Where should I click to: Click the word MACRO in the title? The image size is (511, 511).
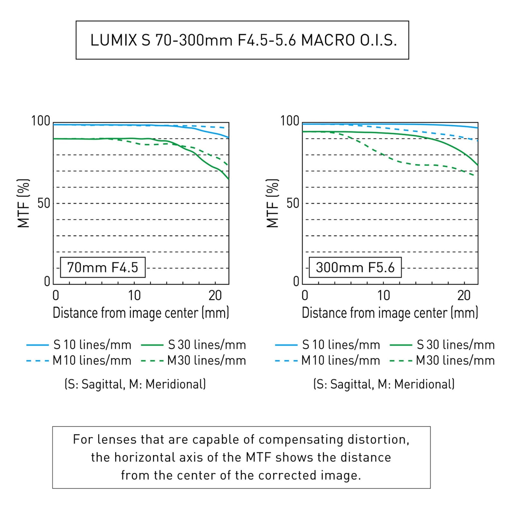coord(328,40)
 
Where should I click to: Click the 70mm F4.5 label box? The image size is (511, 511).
coord(103,267)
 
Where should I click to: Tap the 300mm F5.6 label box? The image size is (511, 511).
coord(355,267)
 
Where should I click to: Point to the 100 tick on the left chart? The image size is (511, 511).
coord(41,121)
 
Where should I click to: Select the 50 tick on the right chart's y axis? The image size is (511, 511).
coord(293,204)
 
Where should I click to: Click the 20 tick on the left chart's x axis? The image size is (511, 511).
coord(215,295)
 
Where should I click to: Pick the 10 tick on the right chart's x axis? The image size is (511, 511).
coord(383,295)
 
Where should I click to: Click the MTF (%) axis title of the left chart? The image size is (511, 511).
coord(23,203)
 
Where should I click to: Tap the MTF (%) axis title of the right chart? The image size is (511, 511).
coord(272,203)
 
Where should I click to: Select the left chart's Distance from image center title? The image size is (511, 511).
coord(141,313)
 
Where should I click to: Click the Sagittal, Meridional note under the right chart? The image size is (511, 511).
coord(384,384)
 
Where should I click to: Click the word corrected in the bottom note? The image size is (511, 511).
coord(287,475)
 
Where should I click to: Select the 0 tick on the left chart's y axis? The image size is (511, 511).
coord(47,282)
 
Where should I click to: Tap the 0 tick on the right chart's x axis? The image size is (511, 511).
coord(305,295)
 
